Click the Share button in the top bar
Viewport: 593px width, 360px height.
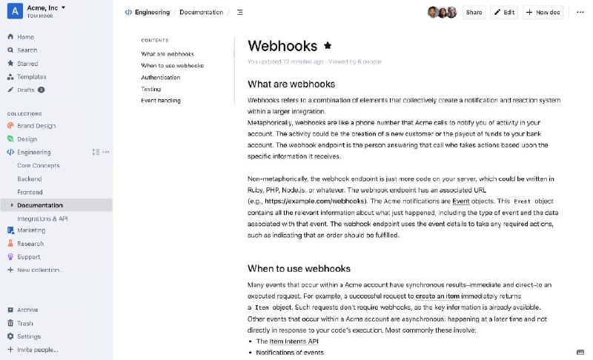tap(474, 12)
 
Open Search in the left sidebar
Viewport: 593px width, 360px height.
tap(27, 50)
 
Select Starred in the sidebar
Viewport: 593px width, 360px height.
tap(27, 64)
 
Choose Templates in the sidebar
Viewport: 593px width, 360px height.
tap(31, 77)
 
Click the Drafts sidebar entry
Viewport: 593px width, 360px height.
tap(26, 90)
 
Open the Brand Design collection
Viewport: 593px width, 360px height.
tap(36, 126)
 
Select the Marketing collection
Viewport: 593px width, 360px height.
tap(31, 230)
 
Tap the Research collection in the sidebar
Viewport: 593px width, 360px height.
tap(30, 243)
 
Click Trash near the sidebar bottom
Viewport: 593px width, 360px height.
tap(25, 323)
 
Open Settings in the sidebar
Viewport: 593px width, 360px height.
tap(29, 336)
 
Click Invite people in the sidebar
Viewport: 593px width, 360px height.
tap(37, 350)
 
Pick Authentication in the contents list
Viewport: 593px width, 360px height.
tap(160, 77)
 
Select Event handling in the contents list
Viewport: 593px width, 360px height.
tap(160, 100)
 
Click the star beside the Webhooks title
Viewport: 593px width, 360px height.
tap(328, 45)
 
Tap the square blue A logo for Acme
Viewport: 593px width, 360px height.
tap(13, 11)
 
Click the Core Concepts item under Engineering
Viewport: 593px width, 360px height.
tap(39, 165)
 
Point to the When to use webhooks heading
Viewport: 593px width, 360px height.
tap(299, 268)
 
